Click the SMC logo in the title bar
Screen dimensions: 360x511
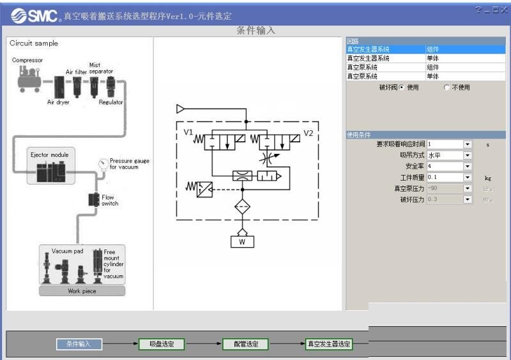(x=33, y=15)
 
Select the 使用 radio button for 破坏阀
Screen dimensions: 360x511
(x=401, y=87)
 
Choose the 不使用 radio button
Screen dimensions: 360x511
(x=446, y=87)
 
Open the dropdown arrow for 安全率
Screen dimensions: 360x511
(x=468, y=166)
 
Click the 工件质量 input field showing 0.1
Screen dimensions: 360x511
(x=445, y=177)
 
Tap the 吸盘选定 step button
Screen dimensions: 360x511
(x=162, y=344)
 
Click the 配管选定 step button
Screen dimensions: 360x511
(x=245, y=344)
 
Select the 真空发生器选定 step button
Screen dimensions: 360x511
(x=329, y=344)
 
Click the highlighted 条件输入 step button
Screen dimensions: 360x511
(x=79, y=344)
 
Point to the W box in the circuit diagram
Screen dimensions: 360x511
(x=242, y=241)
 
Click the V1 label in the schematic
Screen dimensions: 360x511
(x=188, y=132)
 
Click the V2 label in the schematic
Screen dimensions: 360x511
(x=308, y=133)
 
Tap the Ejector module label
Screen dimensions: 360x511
(x=49, y=155)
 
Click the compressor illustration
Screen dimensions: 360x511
(x=29, y=78)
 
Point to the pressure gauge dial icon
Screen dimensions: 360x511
(x=103, y=163)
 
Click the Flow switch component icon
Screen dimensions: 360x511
(x=93, y=200)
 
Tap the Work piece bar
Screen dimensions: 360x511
(x=82, y=291)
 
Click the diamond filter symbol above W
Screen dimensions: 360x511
(x=242, y=208)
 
